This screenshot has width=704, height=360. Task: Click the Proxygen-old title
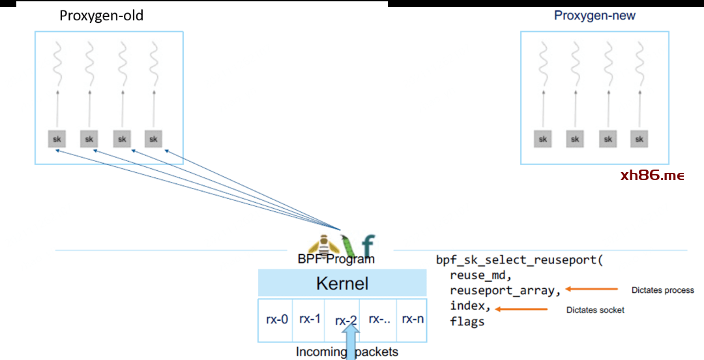coord(101,16)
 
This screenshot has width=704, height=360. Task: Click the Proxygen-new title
coord(594,16)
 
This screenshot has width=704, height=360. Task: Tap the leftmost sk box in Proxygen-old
coord(57,139)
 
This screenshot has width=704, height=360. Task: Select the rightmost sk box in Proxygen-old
coord(153,139)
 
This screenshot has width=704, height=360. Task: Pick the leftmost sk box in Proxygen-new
coord(542,139)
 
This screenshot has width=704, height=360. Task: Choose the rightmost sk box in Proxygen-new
coord(639,139)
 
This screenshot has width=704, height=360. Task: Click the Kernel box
coord(342,284)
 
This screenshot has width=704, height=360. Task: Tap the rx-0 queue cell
coord(276,320)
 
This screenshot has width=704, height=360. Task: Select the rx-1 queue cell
coord(310,319)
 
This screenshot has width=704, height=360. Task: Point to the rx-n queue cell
coord(413,319)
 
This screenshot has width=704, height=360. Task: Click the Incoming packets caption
coord(347,352)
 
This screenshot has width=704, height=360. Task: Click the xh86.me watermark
coord(653,175)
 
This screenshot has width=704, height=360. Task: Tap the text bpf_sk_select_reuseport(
coord(520,260)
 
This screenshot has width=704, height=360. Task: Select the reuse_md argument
coord(480,275)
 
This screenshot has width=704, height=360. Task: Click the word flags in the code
coord(467,321)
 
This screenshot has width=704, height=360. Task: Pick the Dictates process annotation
coord(663,290)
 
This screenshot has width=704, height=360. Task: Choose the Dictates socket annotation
coord(595,310)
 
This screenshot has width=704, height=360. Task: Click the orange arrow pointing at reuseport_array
coord(591,289)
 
